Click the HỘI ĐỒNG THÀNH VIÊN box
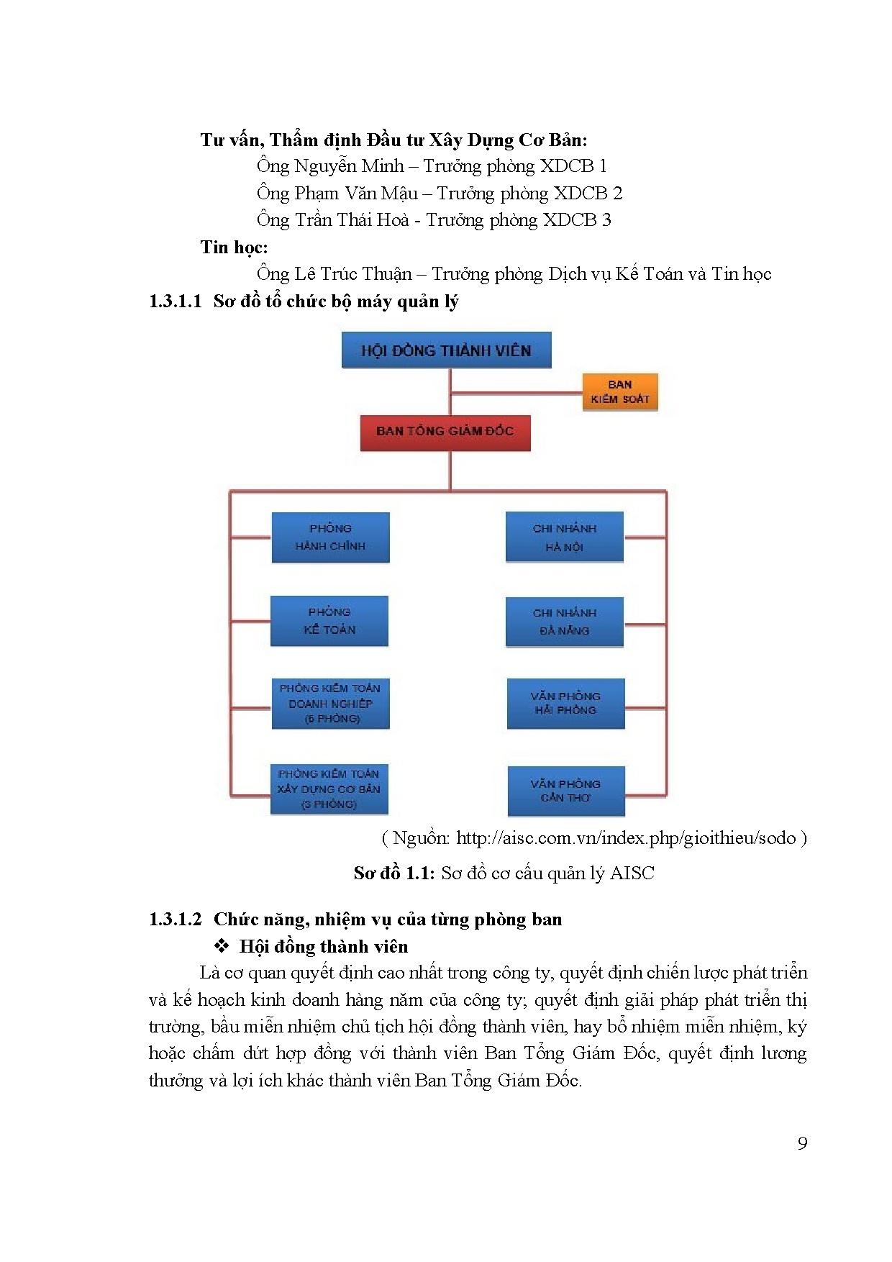(x=446, y=350)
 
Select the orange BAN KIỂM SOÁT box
(x=619, y=392)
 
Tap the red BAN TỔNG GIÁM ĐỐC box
(x=445, y=432)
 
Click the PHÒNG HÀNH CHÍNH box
(x=330, y=537)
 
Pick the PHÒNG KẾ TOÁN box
(x=329, y=621)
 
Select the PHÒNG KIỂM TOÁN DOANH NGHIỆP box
(x=330, y=704)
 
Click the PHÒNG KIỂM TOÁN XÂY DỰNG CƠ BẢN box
(x=329, y=789)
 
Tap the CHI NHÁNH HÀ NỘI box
(x=564, y=537)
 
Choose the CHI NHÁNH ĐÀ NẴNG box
(x=564, y=622)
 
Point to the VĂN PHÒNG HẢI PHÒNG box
(x=565, y=704)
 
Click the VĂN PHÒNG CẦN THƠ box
(x=565, y=791)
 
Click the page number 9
(x=802, y=1143)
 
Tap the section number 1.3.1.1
(x=175, y=301)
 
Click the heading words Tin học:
(x=234, y=248)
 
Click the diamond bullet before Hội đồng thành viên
(x=222, y=945)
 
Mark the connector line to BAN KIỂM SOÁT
(x=516, y=394)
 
